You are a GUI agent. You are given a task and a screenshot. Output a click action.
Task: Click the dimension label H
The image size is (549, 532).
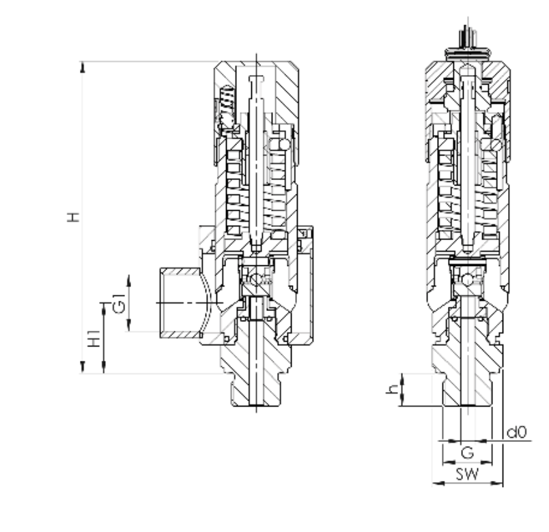coord(74,217)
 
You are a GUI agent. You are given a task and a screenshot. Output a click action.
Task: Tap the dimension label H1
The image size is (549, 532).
coord(94,338)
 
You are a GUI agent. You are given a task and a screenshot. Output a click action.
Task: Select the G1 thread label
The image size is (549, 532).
coord(119,304)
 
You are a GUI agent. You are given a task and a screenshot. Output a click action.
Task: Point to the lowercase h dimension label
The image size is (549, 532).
coord(393,389)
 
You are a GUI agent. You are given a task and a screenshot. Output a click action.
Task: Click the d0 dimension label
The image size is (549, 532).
coord(516,432)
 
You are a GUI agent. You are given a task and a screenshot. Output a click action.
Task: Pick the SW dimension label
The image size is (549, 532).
coord(467,474)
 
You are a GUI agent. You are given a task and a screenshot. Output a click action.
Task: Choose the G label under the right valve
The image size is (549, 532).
coord(468,453)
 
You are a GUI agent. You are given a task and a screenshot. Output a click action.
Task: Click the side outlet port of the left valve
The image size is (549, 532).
coord(181,303)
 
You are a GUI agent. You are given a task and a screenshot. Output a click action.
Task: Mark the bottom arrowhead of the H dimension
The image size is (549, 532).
coord(83,367)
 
